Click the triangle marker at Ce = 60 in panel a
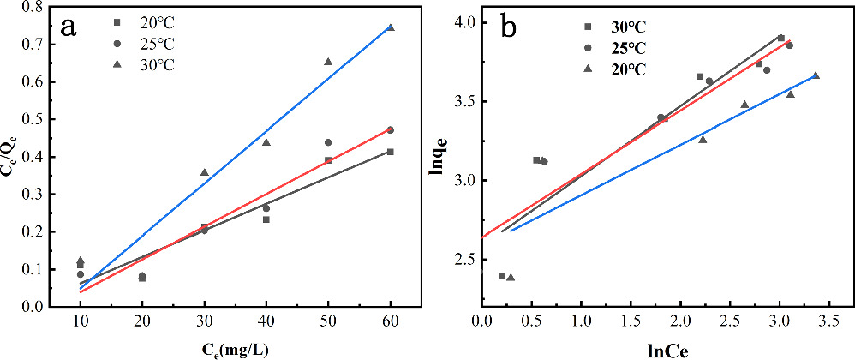(390, 27)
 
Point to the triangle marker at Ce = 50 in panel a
(328, 62)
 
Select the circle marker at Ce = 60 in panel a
(390, 130)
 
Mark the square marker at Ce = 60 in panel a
(390, 152)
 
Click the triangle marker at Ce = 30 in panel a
(204, 172)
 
